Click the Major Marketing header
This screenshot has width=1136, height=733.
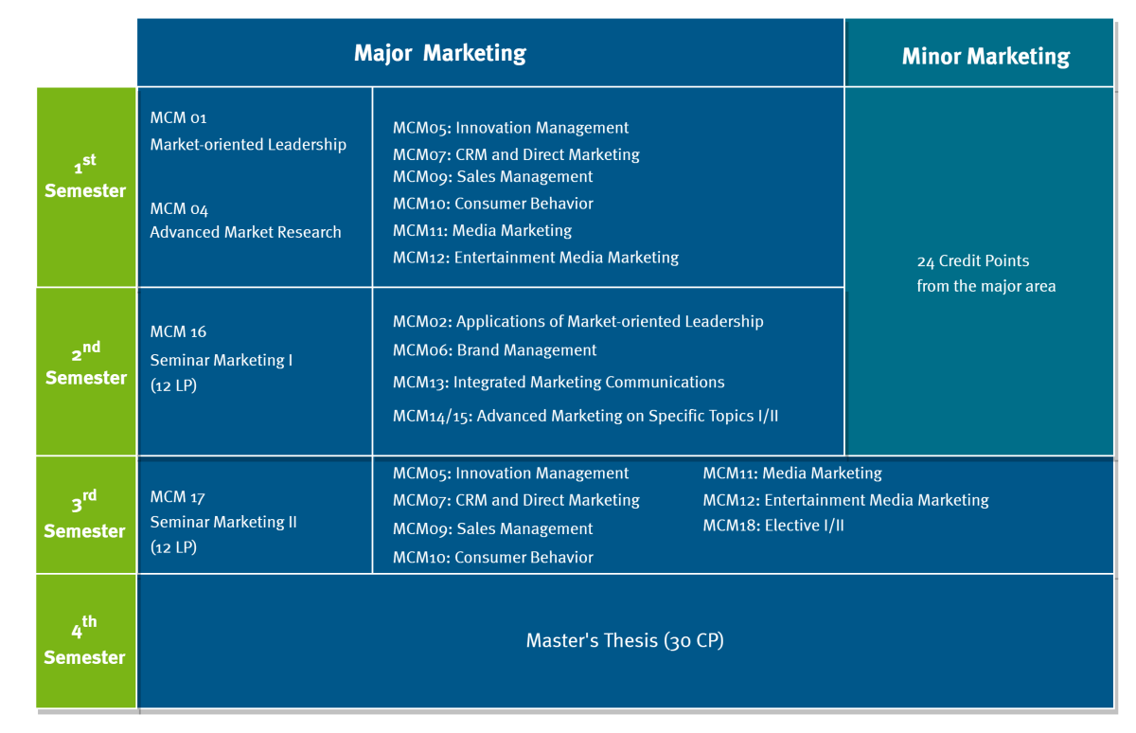coord(439,53)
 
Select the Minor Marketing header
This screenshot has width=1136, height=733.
coord(985,56)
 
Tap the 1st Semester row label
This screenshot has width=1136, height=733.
coord(85,176)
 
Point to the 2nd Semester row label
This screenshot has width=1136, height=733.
coord(86,364)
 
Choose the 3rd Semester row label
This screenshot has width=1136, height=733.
coord(84,514)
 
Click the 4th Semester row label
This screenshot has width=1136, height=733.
coord(84,641)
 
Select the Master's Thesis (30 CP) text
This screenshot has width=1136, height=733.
coord(625,641)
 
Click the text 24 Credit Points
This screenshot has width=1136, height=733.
coord(973,260)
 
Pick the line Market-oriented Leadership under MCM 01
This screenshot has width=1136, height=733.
coord(248,145)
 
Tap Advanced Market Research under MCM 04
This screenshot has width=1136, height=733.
coord(245,232)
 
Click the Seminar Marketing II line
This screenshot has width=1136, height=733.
coord(223,522)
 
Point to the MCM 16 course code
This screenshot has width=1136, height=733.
coord(178,331)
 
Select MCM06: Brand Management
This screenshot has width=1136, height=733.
coord(494,350)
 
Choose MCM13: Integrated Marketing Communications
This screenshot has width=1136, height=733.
coord(559,382)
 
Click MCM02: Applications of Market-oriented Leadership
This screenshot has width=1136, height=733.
coord(578,322)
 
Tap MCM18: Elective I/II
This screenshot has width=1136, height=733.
coord(773,526)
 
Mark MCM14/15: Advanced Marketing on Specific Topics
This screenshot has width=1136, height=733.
coord(585,416)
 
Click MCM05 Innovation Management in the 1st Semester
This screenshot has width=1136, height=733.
coord(510,128)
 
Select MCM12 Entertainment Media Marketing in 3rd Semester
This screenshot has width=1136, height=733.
coord(845,500)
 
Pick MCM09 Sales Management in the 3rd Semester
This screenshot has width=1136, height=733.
coord(492,528)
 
